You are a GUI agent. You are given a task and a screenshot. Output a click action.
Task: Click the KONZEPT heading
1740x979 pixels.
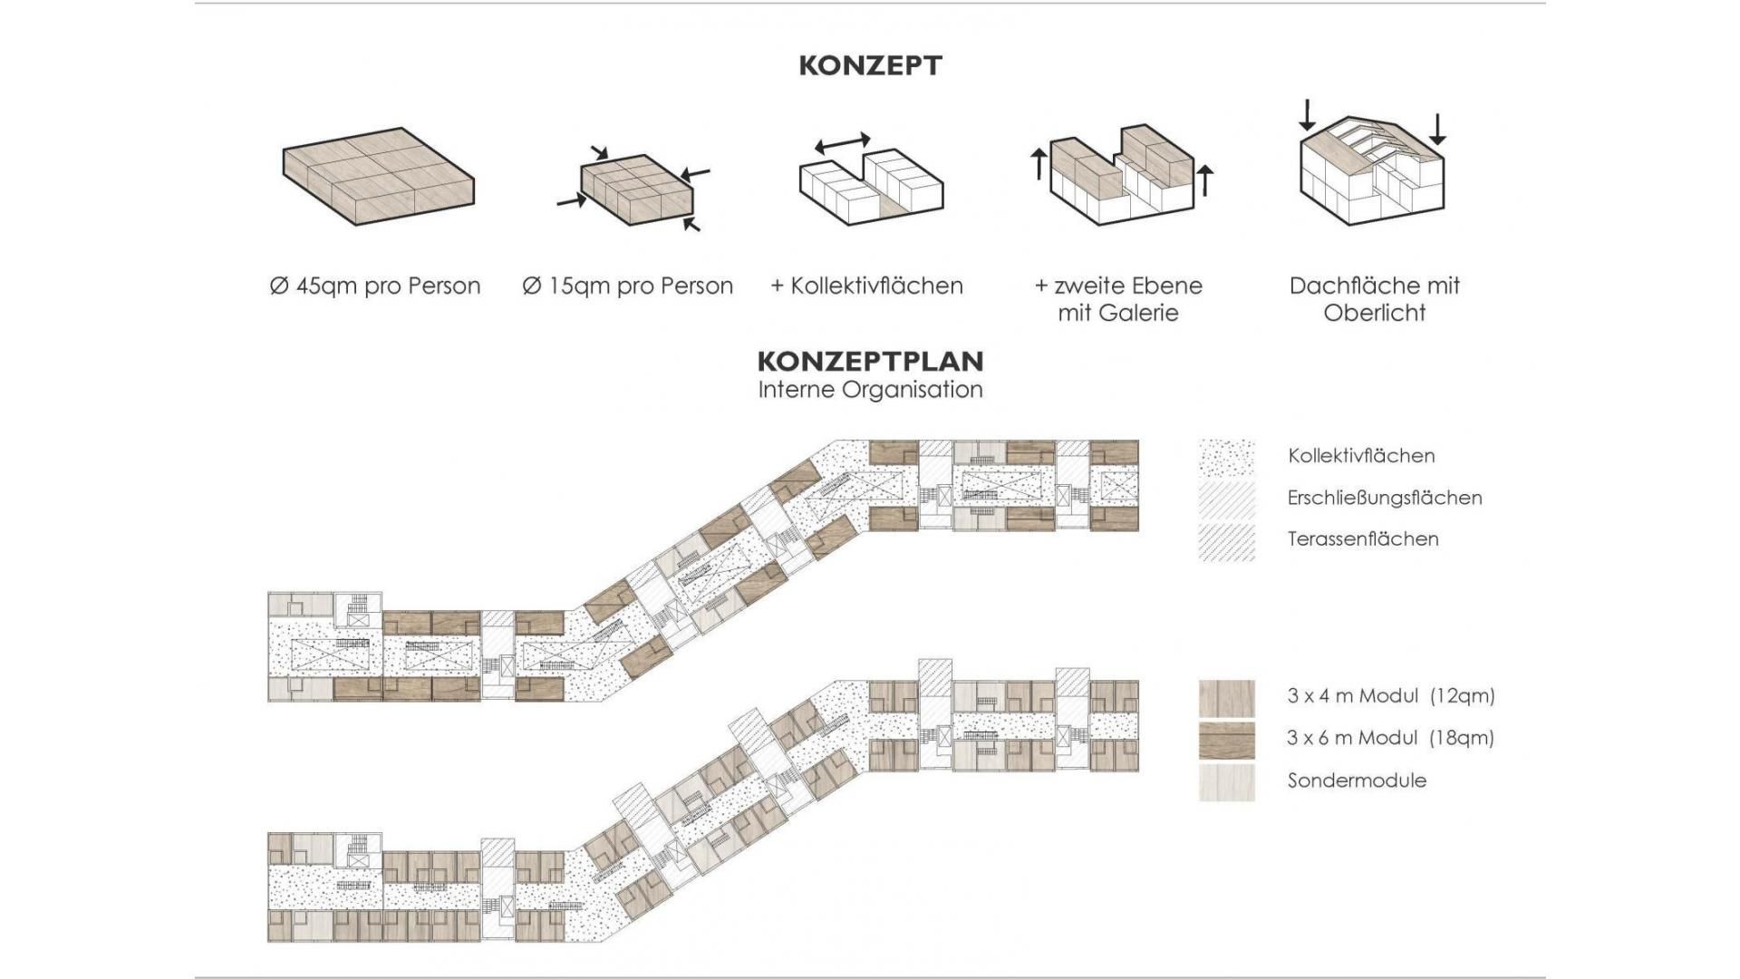click(x=870, y=65)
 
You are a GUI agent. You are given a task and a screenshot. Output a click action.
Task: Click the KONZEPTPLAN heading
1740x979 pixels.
click(x=870, y=361)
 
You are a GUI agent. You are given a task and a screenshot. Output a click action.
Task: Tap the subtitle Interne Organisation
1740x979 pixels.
click(x=870, y=390)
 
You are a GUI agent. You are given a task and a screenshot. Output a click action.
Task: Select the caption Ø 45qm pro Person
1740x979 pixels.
click(x=375, y=286)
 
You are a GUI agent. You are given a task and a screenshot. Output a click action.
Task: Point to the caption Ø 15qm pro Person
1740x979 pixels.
click(x=627, y=286)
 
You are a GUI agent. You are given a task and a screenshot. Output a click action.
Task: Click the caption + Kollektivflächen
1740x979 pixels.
click(x=866, y=286)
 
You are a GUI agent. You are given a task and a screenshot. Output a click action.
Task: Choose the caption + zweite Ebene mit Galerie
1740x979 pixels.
click(x=1118, y=299)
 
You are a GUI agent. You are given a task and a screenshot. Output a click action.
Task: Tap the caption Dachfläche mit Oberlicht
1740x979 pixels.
click(x=1375, y=299)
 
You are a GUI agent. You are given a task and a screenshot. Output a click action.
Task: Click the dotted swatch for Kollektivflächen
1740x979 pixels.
click(x=1227, y=457)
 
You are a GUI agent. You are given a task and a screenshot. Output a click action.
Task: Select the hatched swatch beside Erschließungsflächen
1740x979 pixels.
click(x=1227, y=499)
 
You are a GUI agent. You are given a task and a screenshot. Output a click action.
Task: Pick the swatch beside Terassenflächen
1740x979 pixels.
click(x=1227, y=542)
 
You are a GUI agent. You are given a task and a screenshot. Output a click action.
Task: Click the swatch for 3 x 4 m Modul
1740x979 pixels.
click(x=1227, y=698)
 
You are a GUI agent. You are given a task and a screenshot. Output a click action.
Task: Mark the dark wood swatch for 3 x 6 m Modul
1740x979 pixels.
click(x=1227, y=740)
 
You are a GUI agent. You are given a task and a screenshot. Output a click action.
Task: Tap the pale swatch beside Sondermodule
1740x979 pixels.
click(x=1227, y=782)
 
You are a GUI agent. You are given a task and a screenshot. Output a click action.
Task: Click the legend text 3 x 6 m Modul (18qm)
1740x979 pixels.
click(x=1390, y=738)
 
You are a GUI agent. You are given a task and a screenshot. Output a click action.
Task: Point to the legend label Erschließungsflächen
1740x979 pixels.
click(x=1385, y=498)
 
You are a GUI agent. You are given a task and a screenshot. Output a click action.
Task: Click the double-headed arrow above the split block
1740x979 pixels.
click(x=843, y=143)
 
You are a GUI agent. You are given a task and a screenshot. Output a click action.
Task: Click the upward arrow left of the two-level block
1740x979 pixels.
click(x=1039, y=164)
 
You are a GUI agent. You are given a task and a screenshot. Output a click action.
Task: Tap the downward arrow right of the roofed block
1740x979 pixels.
click(x=1437, y=130)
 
